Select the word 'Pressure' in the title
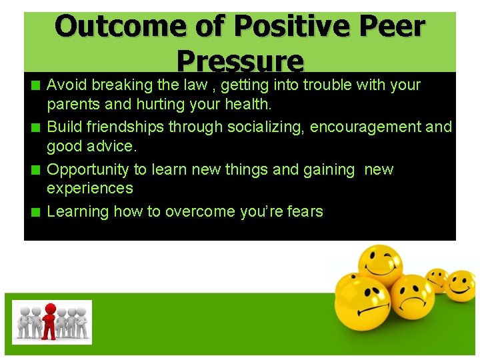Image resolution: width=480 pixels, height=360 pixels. pyautogui.click(x=240, y=61)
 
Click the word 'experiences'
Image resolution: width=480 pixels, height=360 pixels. pyautogui.click(x=90, y=189)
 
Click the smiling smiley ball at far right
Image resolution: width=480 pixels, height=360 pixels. pyautogui.click(x=460, y=285)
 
